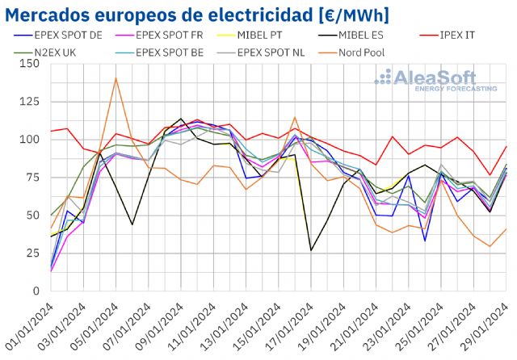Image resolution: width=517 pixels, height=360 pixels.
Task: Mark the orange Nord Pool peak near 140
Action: point(116,78)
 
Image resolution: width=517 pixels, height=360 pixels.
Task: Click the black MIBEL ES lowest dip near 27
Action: point(311,250)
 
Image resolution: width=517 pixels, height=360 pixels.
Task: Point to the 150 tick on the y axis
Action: point(32,64)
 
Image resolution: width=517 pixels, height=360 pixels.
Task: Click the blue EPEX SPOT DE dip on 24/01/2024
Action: point(425,241)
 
